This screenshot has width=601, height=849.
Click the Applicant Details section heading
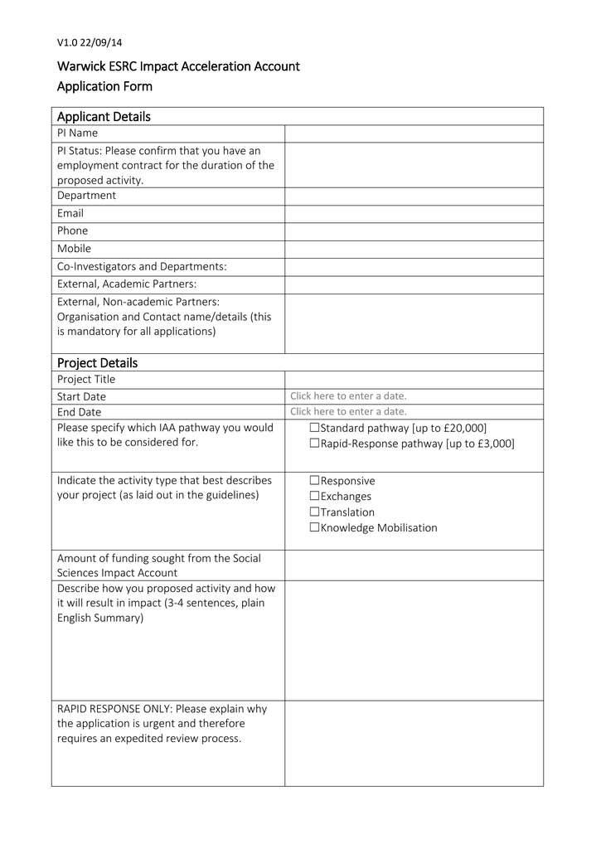pyautogui.click(x=104, y=117)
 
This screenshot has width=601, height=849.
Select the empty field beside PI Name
pyautogui.click(x=414, y=133)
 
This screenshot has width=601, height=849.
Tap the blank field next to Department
pyautogui.click(x=414, y=196)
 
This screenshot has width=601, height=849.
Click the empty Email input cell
pyautogui.click(x=414, y=214)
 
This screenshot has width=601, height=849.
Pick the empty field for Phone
pyautogui.click(x=414, y=231)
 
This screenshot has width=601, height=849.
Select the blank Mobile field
pyautogui.click(x=414, y=249)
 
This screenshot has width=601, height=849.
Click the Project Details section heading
pyautogui.click(x=97, y=363)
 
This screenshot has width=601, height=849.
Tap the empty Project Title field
pyautogui.click(x=414, y=380)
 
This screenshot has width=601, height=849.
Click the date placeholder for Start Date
pyautogui.click(x=348, y=396)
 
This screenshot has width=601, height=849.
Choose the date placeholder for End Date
pyautogui.click(x=348, y=411)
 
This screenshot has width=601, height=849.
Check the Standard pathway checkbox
pyautogui.click(x=314, y=428)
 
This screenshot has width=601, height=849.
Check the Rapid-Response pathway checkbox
pyautogui.click(x=314, y=444)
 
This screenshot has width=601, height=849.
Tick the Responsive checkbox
pyautogui.click(x=314, y=481)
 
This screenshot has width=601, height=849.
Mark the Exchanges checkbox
pyautogui.click(x=314, y=497)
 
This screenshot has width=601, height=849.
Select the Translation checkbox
pyautogui.click(x=314, y=512)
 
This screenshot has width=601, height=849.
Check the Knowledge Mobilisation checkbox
pyautogui.click(x=314, y=528)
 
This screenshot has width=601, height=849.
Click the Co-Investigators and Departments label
pyautogui.click(x=142, y=266)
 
